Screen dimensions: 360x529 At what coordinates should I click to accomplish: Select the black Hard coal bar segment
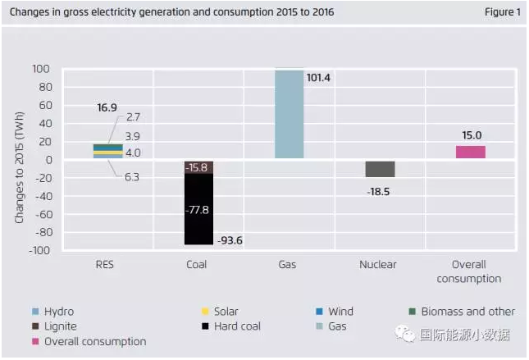[x=198, y=209]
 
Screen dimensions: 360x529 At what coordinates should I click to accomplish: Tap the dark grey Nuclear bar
[x=380, y=169]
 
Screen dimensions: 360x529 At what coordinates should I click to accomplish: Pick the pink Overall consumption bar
[x=470, y=153]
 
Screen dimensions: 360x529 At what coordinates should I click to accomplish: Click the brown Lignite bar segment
[x=198, y=167]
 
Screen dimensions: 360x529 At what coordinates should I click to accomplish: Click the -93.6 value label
[x=231, y=240]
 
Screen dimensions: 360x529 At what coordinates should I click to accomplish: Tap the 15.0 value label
[x=470, y=135]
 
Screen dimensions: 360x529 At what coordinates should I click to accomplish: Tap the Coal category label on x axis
[x=197, y=265]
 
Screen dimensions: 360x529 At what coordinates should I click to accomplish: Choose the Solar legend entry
[x=225, y=312]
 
